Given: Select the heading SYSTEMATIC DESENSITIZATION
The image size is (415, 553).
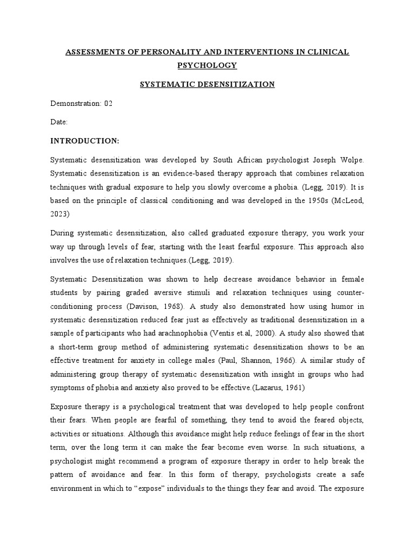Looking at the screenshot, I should pos(207,84).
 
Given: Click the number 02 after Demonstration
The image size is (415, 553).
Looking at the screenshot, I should pos(108,103).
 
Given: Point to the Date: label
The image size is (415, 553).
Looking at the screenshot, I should pos(59,122).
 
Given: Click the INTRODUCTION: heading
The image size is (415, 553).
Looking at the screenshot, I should pos(84,141).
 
